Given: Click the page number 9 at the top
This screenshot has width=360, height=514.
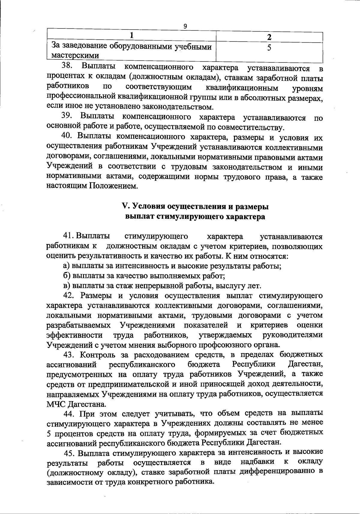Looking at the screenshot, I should (x=185, y=26).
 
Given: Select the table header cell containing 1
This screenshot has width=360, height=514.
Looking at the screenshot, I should (x=131, y=36).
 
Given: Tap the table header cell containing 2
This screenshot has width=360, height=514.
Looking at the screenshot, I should (x=269, y=37).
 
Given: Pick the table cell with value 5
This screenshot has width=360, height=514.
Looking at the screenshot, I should (x=269, y=48).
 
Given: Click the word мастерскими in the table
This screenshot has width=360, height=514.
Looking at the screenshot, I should (x=75, y=56).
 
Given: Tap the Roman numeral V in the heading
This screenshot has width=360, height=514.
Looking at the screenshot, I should (x=125, y=207).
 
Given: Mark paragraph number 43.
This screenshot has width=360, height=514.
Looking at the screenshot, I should (x=69, y=355).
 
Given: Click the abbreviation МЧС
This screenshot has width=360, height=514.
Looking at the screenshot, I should (x=55, y=404).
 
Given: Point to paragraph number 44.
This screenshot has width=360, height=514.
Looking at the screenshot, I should (x=69, y=413).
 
